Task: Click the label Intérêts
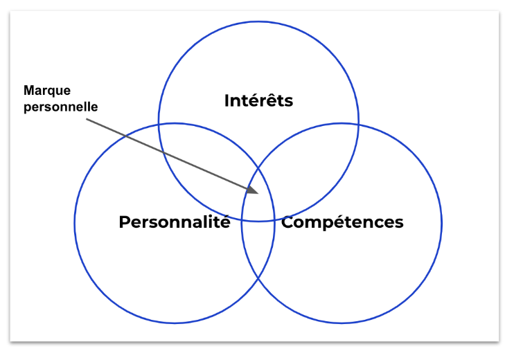tap(258, 100)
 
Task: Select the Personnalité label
tap(174, 222)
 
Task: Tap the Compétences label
tap(342, 222)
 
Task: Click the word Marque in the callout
tap(47, 91)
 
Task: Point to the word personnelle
tap(61, 107)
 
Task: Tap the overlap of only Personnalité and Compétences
tap(258, 249)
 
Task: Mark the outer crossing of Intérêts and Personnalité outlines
tap(159, 125)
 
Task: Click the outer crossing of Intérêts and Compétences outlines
tap(358, 125)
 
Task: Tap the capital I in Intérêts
tap(227, 100)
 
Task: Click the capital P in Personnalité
tap(124, 222)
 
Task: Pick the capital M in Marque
tap(28, 91)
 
